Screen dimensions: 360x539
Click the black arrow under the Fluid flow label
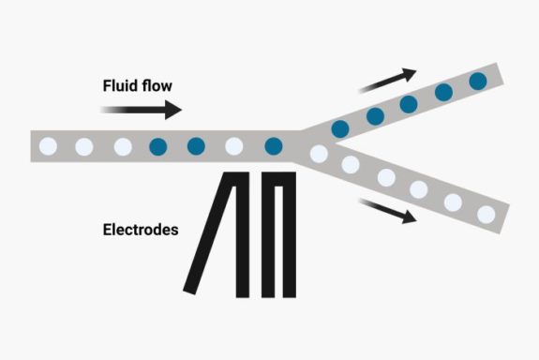tap(141, 110)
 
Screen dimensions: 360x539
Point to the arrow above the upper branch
tap(385, 81)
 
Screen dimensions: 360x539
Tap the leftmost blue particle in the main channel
tap(157, 146)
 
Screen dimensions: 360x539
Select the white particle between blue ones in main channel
tap(234, 146)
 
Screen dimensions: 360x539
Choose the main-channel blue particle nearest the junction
tap(273, 146)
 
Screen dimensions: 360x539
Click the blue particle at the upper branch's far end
tap(478, 81)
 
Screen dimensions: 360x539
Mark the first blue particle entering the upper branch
tap(340, 127)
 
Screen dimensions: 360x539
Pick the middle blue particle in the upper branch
tap(409, 104)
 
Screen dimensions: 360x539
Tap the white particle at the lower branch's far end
tap(486, 213)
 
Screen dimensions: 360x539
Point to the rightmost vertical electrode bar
tap(291, 234)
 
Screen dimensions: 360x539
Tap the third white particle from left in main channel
tap(122, 146)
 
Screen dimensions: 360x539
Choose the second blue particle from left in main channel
tap(196, 146)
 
